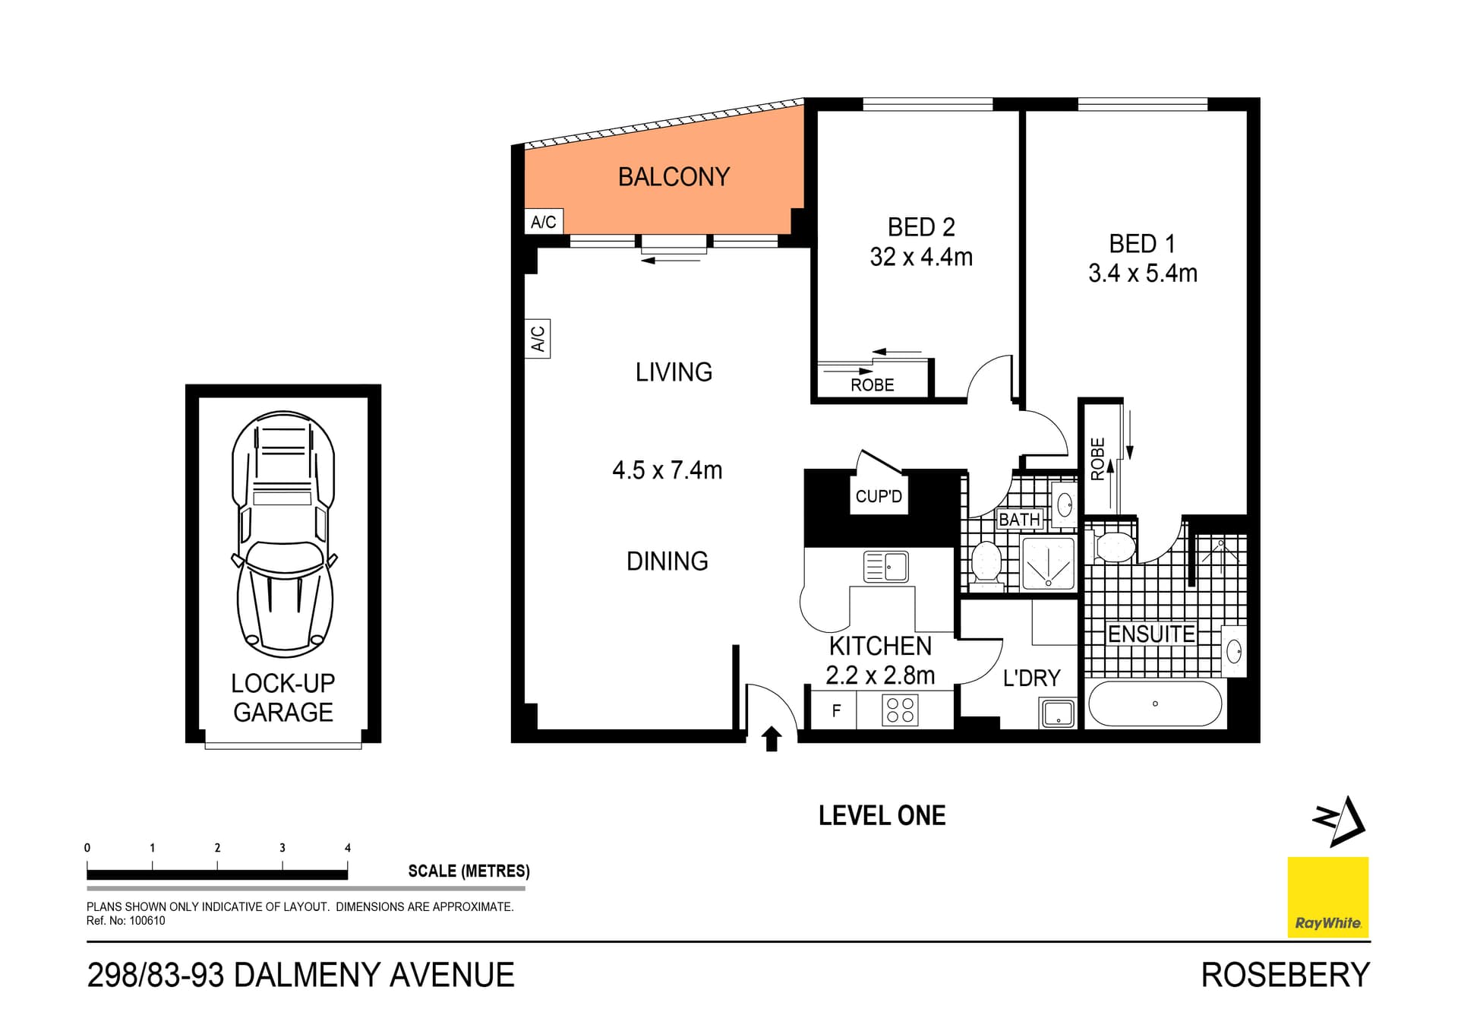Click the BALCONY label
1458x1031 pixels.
(x=674, y=177)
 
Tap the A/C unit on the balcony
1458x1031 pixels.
(x=544, y=222)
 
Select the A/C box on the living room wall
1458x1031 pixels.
(x=538, y=339)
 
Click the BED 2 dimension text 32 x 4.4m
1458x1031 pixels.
(x=921, y=257)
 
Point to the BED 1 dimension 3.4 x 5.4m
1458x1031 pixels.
(x=1142, y=273)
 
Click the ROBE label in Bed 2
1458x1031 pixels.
(x=872, y=385)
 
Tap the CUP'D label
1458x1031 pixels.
(x=879, y=496)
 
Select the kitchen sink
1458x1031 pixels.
(x=886, y=567)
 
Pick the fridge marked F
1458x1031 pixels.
(x=835, y=711)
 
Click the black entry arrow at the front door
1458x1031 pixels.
(x=772, y=738)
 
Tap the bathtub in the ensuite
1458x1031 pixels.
(x=1154, y=704)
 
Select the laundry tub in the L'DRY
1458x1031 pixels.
(x=1058, y=713)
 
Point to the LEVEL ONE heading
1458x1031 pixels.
(x=882, y=816)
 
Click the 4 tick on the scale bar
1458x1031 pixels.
(x=348, y=848)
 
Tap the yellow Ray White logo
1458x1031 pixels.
(x=1327, y=897)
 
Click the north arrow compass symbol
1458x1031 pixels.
(x=1340, y=821)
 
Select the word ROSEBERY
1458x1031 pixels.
(x=1285, y=976)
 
